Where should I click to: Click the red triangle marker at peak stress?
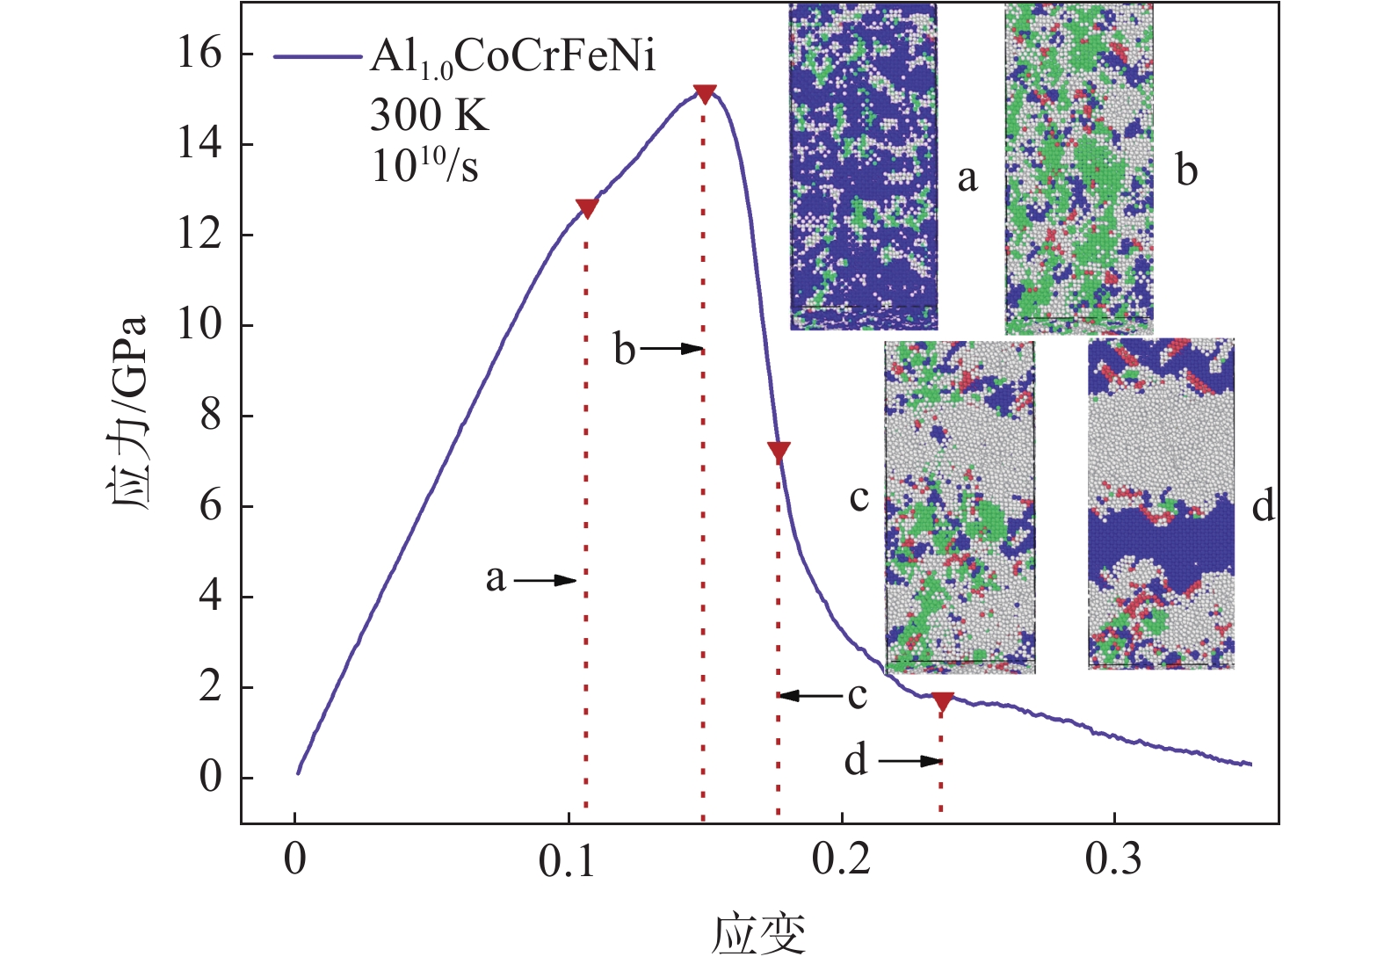point(704,93)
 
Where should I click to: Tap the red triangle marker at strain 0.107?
point(587,208)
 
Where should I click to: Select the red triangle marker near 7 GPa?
point(779,452)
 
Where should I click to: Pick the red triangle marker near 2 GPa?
point(943,701)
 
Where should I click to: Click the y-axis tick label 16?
point(200,54)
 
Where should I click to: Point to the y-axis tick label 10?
point(200,325)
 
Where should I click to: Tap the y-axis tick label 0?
point(211,778)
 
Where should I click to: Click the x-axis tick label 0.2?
point(841,859)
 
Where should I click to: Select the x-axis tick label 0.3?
point(1113,859)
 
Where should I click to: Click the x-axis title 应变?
point(758,934)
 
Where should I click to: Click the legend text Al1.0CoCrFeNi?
point(513,58)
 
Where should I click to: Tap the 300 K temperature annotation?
point(429,114)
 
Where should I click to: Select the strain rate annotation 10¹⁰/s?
point(424,164)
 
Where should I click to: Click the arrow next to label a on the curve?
point(545,580)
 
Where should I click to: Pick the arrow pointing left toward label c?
point(810,696)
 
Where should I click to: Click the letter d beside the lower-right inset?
point(1263,506)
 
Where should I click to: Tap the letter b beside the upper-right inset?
point(1186,170)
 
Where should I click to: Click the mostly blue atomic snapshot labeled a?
point(863,167)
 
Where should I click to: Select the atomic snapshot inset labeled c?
point(960,507)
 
